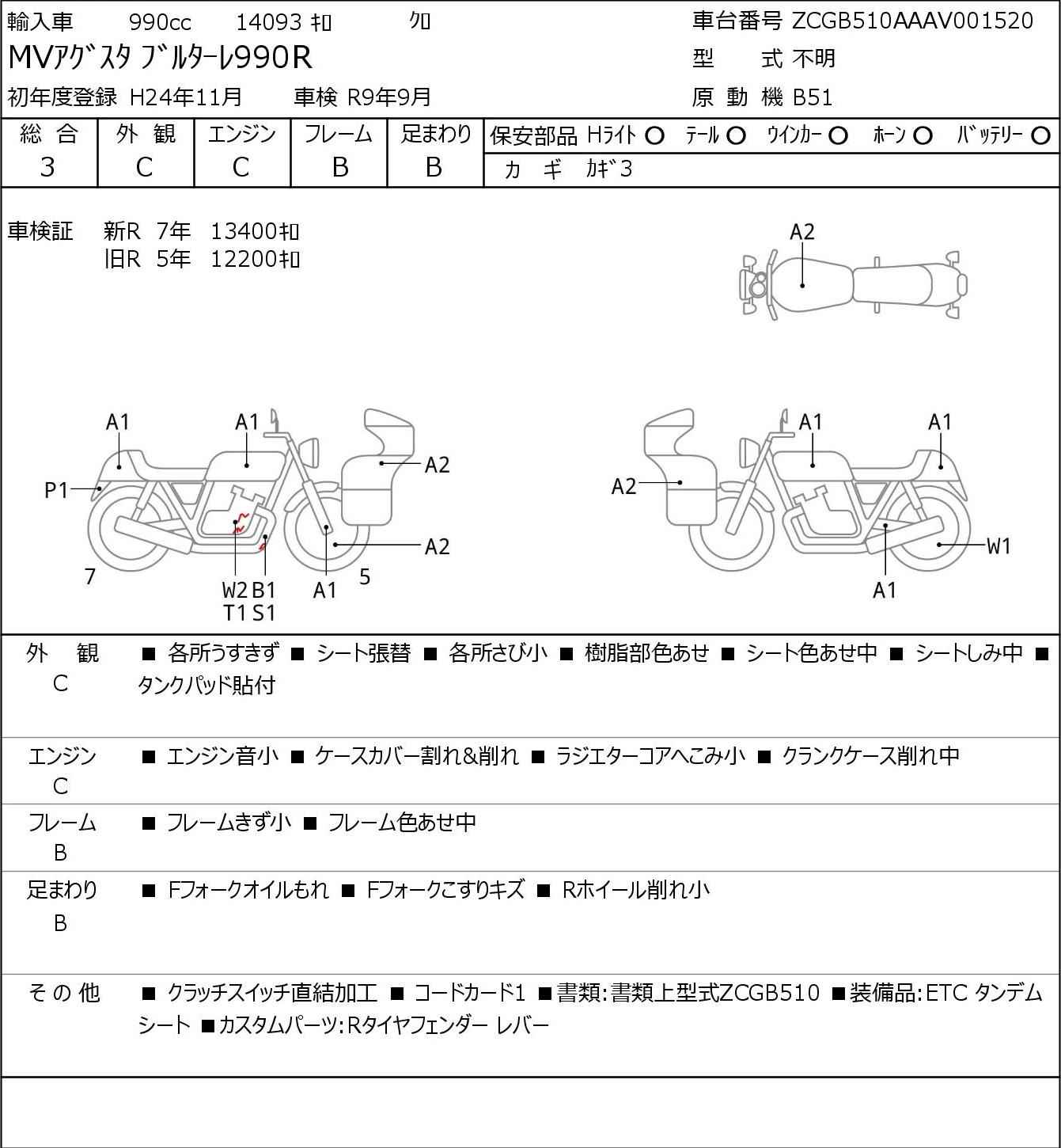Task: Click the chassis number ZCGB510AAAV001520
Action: click(912, 21)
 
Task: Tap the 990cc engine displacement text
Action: click(160, 22)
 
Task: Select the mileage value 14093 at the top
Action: click(269, 22)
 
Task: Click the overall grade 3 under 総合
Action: click(48, 168)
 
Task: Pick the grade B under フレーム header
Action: click(339, 168)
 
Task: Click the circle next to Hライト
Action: click(654, 136)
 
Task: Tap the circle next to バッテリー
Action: click(1040, 136)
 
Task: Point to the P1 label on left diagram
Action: click(57, 491)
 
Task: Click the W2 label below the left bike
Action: click(235, 590)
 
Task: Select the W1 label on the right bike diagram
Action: click(998, 545)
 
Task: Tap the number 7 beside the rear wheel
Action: click(89, 576)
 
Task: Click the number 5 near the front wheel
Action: click(365, 576)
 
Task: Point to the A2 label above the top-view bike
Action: click(802, 232)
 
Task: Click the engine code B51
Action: click(813, 97)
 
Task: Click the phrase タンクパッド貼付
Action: click(207, 685)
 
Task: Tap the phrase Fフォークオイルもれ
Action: click(248, 890)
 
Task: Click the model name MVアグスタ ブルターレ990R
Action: click(160, 58)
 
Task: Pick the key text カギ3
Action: click(609, 169)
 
